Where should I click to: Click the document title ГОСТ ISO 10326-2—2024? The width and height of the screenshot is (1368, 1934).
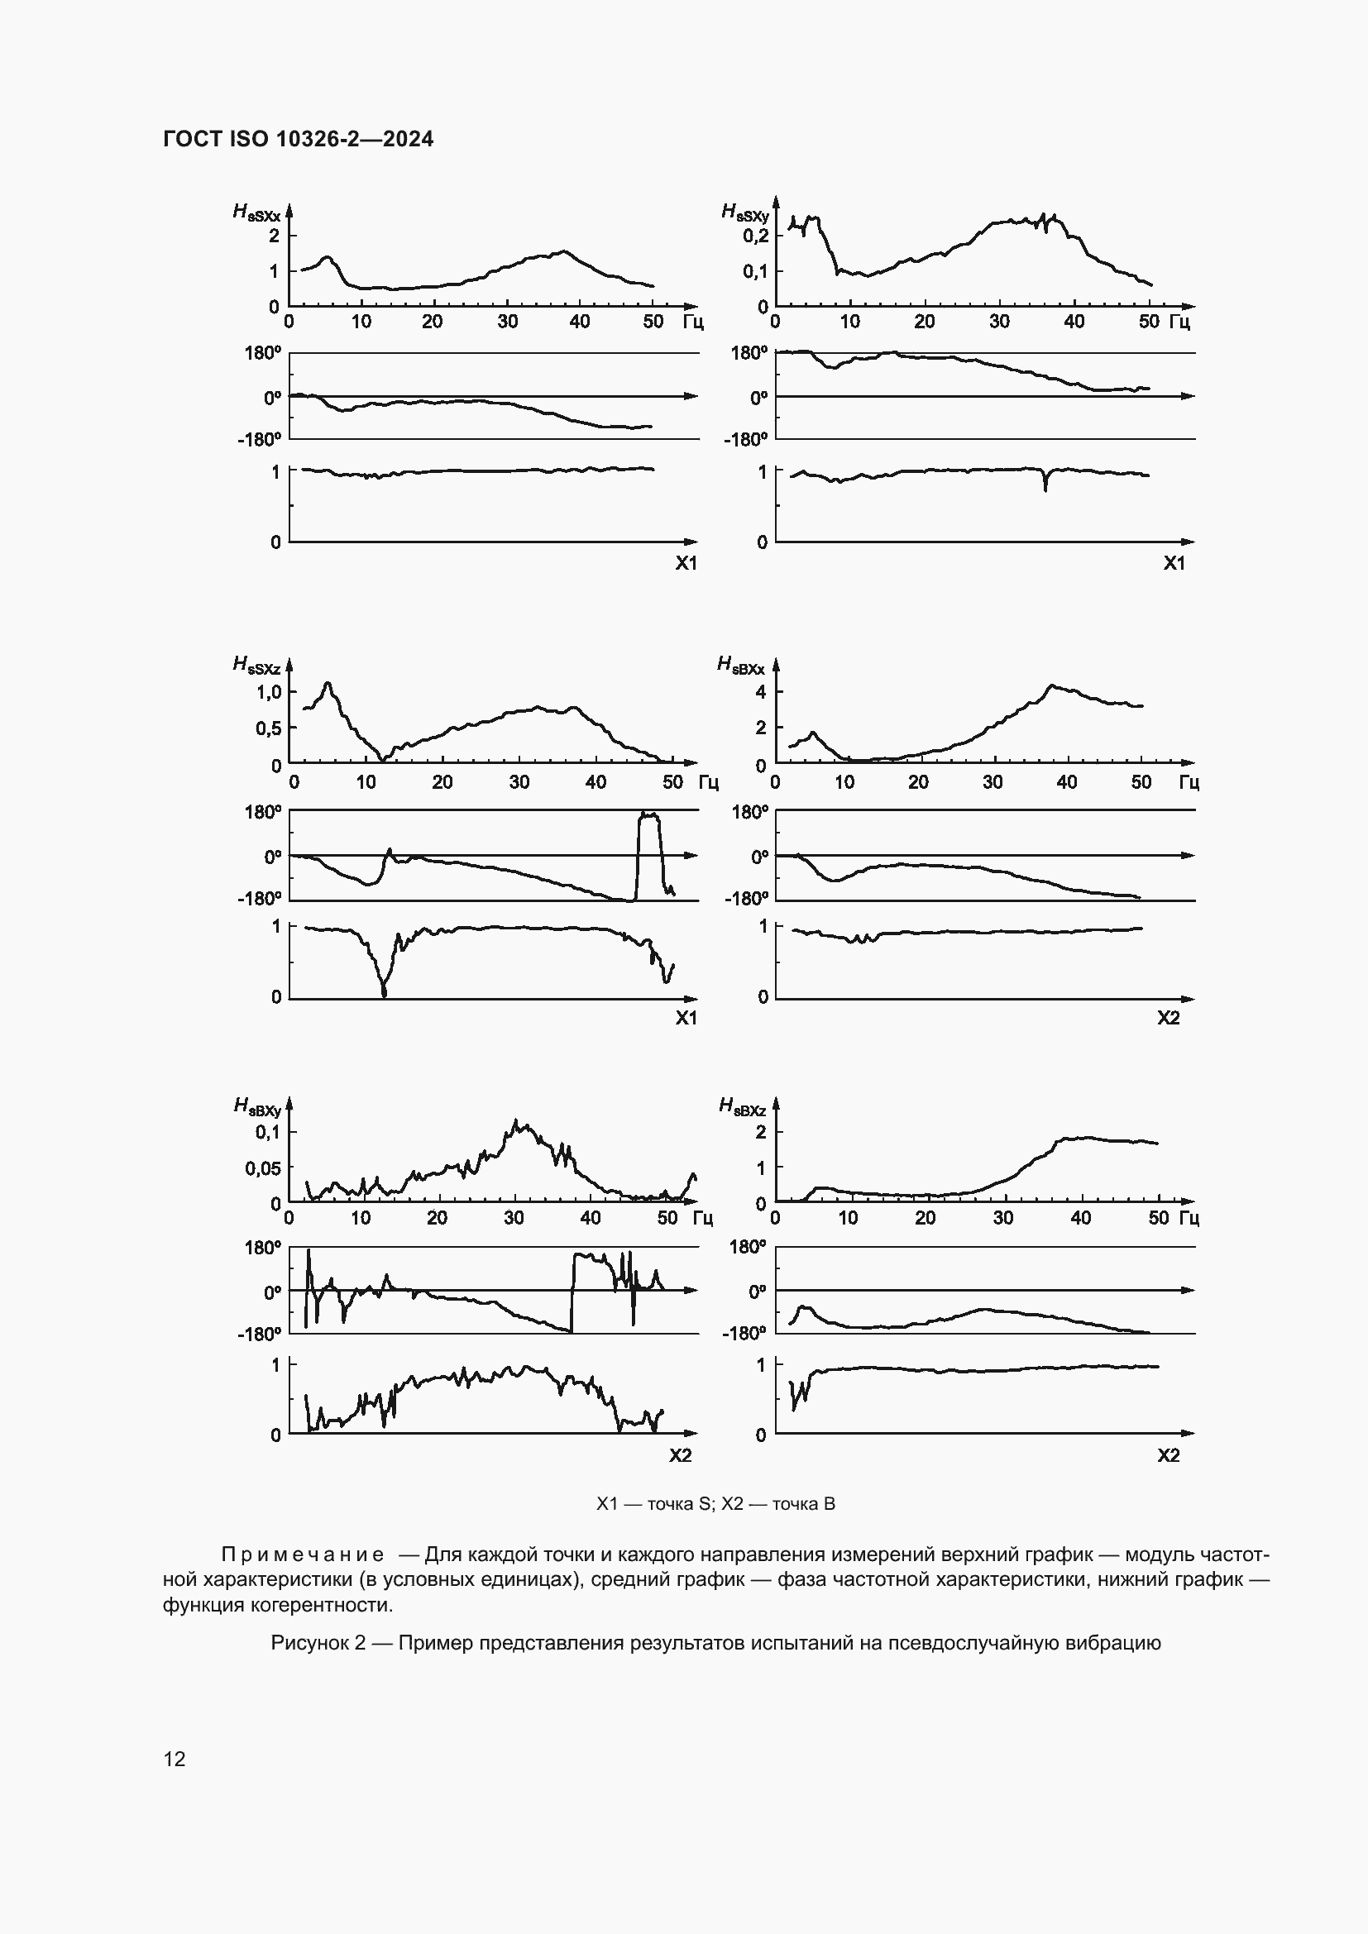point(299,139)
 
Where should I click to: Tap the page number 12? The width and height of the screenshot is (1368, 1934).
point(175,1759)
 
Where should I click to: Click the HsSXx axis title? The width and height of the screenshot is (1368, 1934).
point(256,213)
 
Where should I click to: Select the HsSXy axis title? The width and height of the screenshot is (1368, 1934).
point(744,213)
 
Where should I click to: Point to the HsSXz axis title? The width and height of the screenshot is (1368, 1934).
point(256,666)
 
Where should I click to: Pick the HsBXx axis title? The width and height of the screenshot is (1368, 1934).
point(740,666)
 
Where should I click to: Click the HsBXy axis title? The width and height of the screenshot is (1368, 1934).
point(257,1106)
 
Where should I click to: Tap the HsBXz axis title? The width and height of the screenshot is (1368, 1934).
point(742,1106)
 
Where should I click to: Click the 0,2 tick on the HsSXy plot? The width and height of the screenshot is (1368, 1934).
point(755,236)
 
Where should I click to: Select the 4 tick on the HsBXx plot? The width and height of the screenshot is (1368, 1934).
point(761,691)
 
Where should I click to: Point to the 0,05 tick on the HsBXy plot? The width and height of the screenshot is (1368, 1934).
point(263,1168)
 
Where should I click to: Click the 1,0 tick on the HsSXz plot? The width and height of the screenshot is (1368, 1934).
point(269,691)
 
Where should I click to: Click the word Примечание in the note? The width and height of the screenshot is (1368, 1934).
point(303,1554)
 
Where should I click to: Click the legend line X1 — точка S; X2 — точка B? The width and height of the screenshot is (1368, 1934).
point(716,1503)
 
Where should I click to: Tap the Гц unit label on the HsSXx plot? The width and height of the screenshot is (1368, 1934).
point(693,322)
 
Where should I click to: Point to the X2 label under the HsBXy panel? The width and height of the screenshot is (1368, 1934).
point(680,1455)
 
